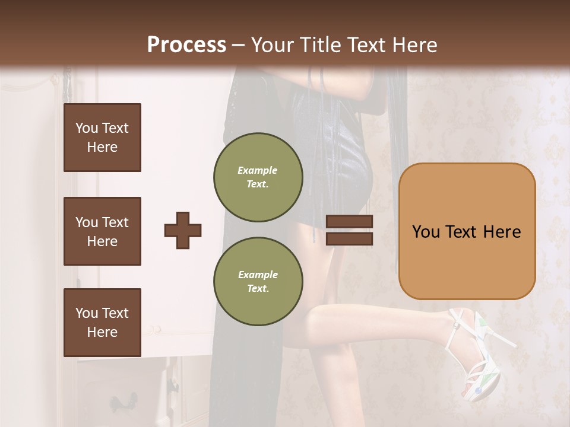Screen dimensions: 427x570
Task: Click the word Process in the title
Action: [186, 45]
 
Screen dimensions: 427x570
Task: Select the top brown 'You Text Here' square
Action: [102, 138]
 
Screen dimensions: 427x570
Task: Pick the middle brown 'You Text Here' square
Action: [102, 231]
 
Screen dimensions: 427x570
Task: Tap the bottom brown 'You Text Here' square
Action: [102, 323]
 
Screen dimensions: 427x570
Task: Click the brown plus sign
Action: [183, 230]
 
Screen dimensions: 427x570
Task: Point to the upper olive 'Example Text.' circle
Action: [258, 177]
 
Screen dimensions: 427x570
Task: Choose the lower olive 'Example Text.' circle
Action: [258, 281]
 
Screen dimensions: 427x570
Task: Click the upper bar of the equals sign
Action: [349, 222]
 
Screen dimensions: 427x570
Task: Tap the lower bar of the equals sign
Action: [349, 238]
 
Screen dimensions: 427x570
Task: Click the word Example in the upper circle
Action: [258, 170]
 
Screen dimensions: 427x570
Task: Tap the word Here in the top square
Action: [102, 147]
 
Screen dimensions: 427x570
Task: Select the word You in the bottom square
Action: [87, 313]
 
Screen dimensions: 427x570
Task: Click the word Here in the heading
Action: [414, 45]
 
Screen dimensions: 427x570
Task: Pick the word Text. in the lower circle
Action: [258, 288]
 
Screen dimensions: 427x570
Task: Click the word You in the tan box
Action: [426, 232]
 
